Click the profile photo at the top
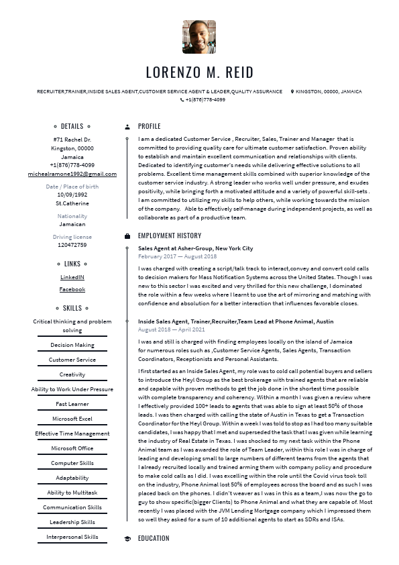(x=199, y=37)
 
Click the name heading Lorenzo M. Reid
(x=199, y=72)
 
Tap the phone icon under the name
(x=182, y=100)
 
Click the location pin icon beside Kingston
(x=292, y=91)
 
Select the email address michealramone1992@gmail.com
(x=72, y=174)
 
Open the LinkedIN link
(x=72, y=277)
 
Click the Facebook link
(x=72, y=289)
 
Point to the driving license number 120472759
(x=72, y=245)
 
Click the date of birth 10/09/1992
(x=72, y=195)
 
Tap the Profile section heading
(x=150, y=126)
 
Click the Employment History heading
(x=170, y=236)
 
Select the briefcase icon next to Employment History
(x=127, y=236)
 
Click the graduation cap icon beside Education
(x=127, y=538)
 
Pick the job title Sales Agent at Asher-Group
(x=196, y=248)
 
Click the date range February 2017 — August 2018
(x=177, y=256)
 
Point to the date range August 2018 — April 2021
(x=172, y=329)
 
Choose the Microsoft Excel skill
(x=72, y=419)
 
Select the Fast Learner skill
(x=72, y=404)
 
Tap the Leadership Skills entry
(x=72, y=522)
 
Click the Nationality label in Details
(x=72, y=216)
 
